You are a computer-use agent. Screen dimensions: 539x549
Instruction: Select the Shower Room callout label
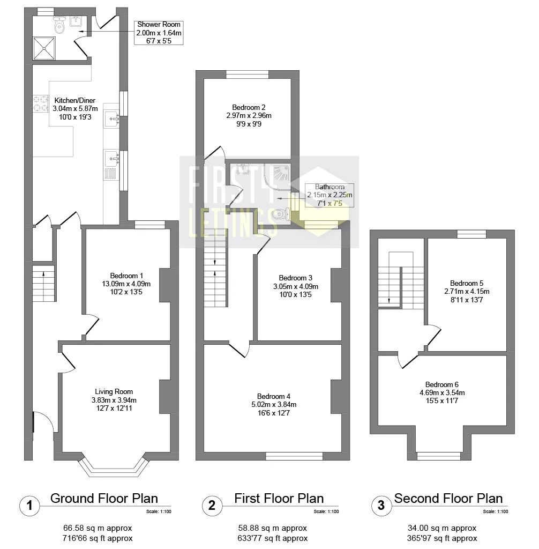tap(159, 33)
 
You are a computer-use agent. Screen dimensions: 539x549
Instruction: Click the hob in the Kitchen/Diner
tap(41, 103)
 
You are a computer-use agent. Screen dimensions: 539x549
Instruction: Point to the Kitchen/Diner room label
tap(75, 100)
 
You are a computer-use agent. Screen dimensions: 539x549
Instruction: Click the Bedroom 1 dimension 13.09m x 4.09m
tap(126, 284)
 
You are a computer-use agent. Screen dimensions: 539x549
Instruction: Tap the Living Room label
tap(114, 391)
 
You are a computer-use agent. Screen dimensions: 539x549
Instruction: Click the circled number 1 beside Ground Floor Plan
tap(30, 506)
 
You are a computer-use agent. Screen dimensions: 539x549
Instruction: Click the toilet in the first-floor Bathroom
tap(282, 214)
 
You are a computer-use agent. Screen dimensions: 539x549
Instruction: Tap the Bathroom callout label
tap(330, 195)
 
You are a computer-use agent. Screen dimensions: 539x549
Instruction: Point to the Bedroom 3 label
tap(296, 278)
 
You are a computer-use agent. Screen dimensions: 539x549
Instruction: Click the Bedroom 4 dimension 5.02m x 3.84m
tap(274, 404)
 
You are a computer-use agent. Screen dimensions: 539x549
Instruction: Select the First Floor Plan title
tap(279, 498)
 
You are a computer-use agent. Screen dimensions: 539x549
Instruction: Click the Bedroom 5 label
tap(467, 283)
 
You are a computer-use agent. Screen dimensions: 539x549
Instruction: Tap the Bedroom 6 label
tap(442, 384)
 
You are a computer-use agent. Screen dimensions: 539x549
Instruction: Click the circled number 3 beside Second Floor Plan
tap(381, 506)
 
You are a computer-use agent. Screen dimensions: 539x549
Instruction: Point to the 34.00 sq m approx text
tap(442, 528)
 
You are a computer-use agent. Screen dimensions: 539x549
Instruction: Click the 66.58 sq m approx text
tap(98, 528)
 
